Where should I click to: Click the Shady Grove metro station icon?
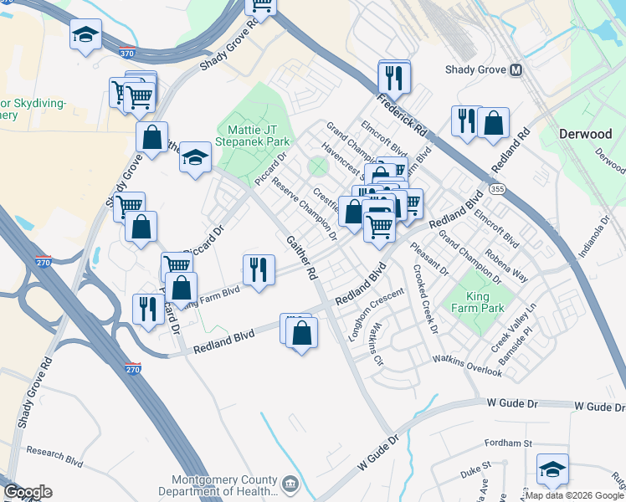click(x=516, y=71)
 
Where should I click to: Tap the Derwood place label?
click(x=585, y=134)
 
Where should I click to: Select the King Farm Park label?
click(x=479, y=302)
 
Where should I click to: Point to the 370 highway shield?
click(x=126, y=53)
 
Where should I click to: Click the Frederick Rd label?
click(x=402, y=116)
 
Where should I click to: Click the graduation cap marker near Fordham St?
click(x=552, y=469)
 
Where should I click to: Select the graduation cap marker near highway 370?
click(x=85, y=35)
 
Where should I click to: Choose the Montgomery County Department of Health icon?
click(x=290, y=484)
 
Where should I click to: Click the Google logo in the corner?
click(x=28, y=492)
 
